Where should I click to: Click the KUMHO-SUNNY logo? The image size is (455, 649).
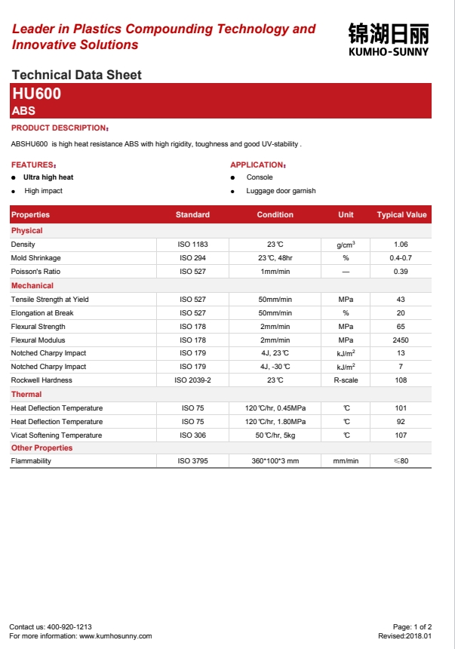(x=388, y=38)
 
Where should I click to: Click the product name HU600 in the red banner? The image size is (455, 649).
(x=36, y=94)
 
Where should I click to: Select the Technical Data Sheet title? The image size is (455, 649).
(x=77, y=75)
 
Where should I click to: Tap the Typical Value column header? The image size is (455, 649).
(x=401, y=215)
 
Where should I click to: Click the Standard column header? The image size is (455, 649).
(x=192, y=215)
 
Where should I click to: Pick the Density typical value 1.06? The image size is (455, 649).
(x=401, y=245)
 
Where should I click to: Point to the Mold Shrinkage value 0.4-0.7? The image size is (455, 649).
(x=401, y=258)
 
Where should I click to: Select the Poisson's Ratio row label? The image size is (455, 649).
(x=35, y=272)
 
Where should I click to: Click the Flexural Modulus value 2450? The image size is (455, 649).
(x=401, y=340)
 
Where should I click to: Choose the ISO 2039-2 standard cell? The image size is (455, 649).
(x=192, y=380)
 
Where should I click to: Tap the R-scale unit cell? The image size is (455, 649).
(x=346, y=380)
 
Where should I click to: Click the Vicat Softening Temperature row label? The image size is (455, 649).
(x=57, y=435)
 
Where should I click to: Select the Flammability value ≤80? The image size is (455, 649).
(x=401, y=461)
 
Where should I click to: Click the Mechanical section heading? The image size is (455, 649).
(x=32, y=286)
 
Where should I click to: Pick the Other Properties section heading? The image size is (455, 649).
(x=42, y=448)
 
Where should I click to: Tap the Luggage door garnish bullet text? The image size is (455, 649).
(x=281, y=191)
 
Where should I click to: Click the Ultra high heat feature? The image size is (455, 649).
(x=48, y=177)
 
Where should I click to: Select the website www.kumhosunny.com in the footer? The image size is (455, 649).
(x=115, y=636)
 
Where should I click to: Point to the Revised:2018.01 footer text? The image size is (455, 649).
(x=405, y=636)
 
